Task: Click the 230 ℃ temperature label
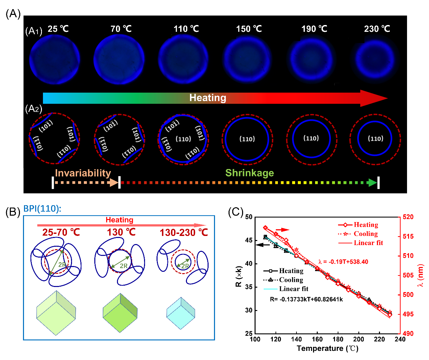tap(377, 29)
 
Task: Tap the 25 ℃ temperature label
tap(58, 29)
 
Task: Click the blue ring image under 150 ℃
tap(247, 58)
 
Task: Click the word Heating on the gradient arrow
tap(208, 98)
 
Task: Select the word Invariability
tap(83, 173)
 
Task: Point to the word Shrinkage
tap(249, 173)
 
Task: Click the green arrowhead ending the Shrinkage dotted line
tap(372, 183)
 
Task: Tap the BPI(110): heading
tap(42, 209)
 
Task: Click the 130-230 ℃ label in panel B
tap(184, 233)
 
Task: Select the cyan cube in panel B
tap(181, 313)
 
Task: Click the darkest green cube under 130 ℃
tap(120, 313)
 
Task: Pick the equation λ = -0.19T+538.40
tap(343, 262)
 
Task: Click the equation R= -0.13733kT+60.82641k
tap(306, 299)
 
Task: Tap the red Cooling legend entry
tap(365, 234)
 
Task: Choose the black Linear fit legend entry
tap(293, 289)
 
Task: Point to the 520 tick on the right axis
tap(408, 217)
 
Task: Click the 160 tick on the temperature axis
tap(317, 339)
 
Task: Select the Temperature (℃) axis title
tap(327, 349)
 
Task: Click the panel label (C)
tap(236, 212)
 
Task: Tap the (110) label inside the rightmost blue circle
tap(375, 139)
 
